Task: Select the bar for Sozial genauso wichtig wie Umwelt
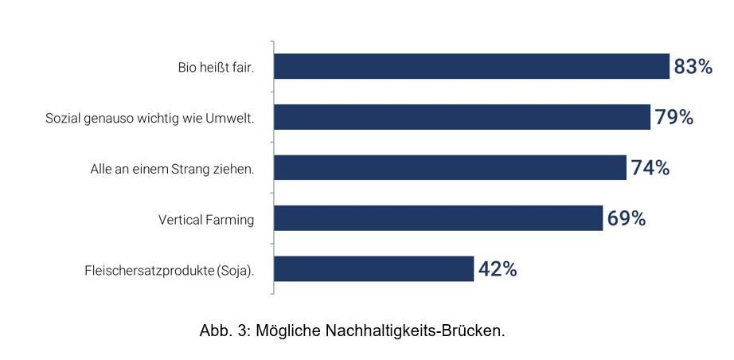pos(463,117)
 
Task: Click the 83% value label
pos(693,67)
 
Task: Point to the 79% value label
pos(674,118)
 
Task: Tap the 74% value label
pos(650,168)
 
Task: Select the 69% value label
pos(626,219)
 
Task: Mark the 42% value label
pos(498,270)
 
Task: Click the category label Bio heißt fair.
pos(216,68)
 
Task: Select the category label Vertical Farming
pos(206,220)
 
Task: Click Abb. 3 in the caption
pos(225,331)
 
